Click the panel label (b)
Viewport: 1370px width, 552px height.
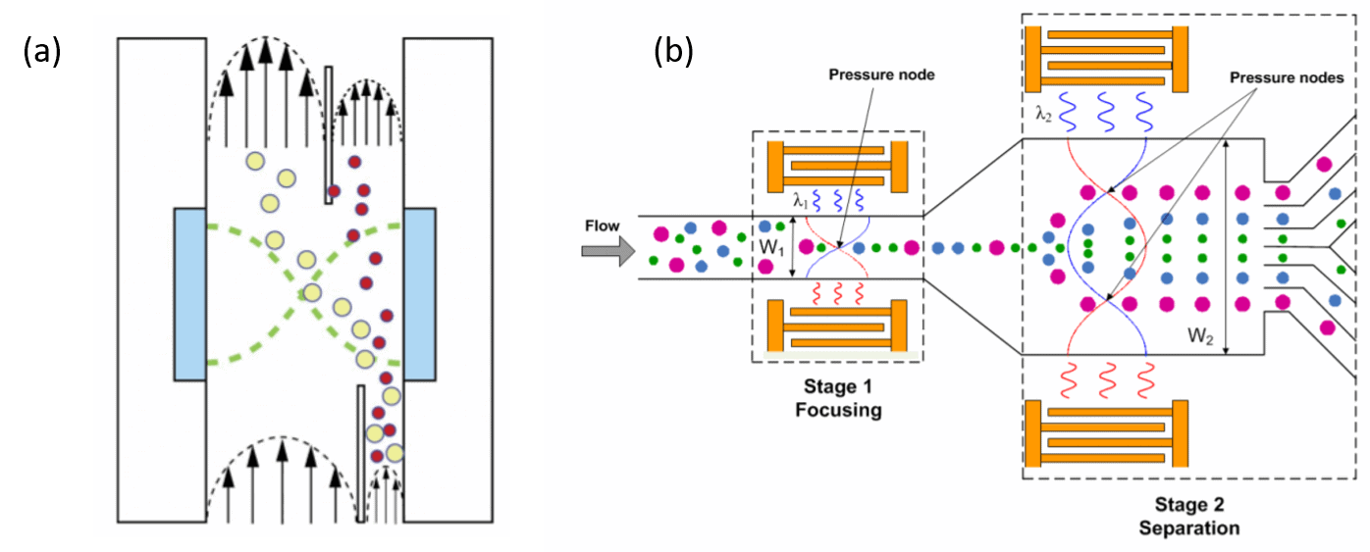point(673,52)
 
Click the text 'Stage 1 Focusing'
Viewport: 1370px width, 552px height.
point(837,397)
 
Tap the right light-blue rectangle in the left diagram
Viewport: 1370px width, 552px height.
point(420,294)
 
